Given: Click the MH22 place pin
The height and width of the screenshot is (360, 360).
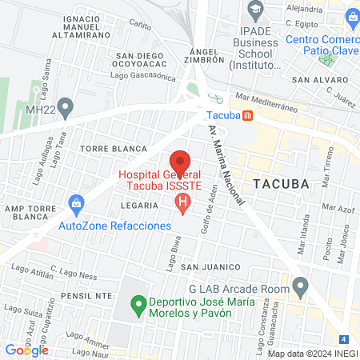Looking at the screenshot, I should point(66,105).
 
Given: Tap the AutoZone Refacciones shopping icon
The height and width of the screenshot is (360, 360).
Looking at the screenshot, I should point(77,203).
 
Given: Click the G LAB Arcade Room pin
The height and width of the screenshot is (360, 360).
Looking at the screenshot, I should point(301,284).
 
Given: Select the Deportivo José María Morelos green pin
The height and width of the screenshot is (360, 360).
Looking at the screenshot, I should point(138,304).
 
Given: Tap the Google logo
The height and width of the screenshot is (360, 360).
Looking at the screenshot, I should point(26,350).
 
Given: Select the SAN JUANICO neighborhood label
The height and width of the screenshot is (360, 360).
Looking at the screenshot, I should point(210,266).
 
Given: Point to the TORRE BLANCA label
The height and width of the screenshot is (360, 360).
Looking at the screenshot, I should point(114,149).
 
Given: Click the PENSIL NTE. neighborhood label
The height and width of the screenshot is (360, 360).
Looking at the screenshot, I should point(82,295).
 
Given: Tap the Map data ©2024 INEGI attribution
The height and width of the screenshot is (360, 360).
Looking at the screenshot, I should point(311,354).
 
